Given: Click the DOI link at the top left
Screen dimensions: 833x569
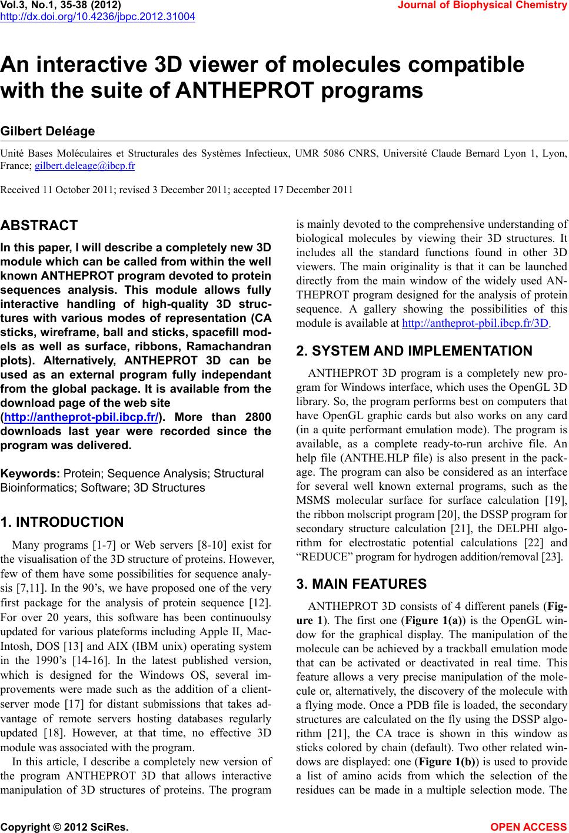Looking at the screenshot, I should pos(98,16).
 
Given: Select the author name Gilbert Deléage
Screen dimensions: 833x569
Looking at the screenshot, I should pos(48,131).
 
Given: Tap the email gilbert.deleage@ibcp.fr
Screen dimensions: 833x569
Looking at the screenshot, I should pos(85,165).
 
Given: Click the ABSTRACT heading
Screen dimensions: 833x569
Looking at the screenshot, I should pos(39,225).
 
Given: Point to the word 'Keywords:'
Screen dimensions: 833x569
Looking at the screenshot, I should pos(31,473).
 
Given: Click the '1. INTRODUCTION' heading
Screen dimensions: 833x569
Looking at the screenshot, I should pos(62,522).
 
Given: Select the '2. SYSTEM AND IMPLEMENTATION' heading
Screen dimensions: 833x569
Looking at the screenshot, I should pos(414,351).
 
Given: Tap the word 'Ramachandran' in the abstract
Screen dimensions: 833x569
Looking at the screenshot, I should pos(233,346).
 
